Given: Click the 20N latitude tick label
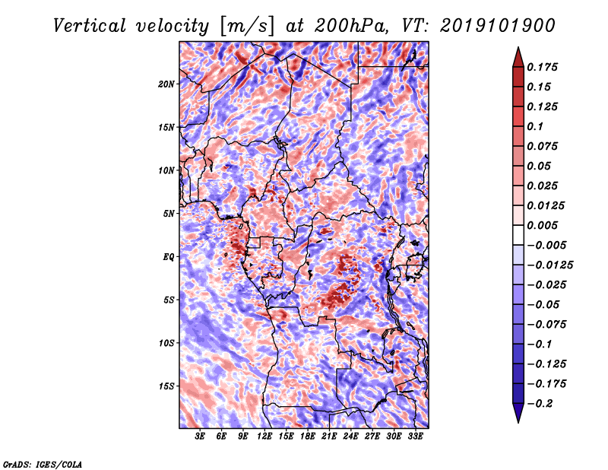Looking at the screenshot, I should pos(166,84).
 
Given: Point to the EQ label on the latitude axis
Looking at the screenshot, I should pos(169,256).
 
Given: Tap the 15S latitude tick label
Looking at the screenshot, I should pos(166,386).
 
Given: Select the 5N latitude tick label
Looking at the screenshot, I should pos(169,213).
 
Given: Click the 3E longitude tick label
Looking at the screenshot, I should pos(201,437).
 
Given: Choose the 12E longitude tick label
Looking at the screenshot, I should pos(265,437).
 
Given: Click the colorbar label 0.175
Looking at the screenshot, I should pos(545,67).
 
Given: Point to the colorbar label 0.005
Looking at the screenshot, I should pos(545,225).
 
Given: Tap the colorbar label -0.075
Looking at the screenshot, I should pos(548,324).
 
